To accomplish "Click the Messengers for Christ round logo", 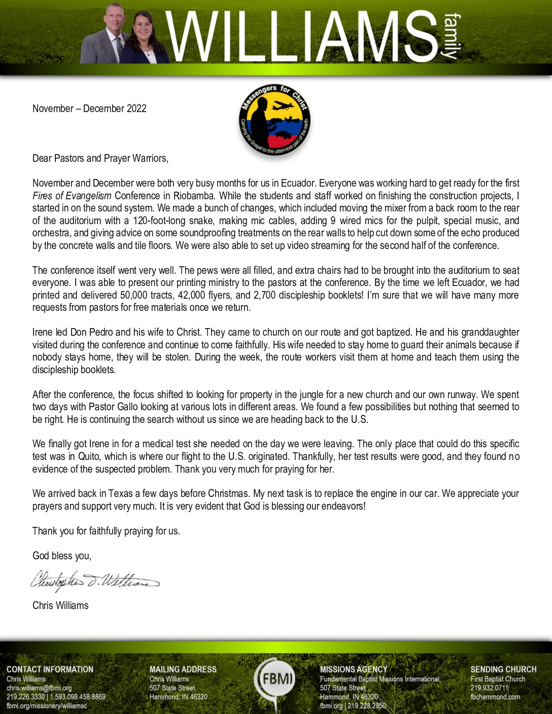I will click(x=274, y=120).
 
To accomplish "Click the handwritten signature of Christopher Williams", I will click(x=95, y=579).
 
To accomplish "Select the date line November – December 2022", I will click(x=89, y=109).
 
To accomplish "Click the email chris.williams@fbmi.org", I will click(x=39, y=688).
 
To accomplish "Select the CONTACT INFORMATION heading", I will click(x=50, y=669).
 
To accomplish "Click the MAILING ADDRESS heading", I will click(x=183, y=669).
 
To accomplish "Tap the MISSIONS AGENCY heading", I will click(x=354, y=669).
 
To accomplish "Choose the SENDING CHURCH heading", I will click(x=503, y=669).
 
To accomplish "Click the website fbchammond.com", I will click(x=495, y=697).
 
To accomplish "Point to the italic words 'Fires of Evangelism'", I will click(x=72, y=196).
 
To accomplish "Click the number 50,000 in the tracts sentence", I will click(x=134, y=295).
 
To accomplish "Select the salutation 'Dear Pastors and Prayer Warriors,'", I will click(x=100, y=158).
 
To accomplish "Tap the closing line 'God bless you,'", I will click(x=62, y=556).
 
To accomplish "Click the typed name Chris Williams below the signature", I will click(x=60, y=605).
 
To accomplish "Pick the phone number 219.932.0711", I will click(x=489, y=688).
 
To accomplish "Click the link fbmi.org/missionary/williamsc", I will click(x=47, y=705).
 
